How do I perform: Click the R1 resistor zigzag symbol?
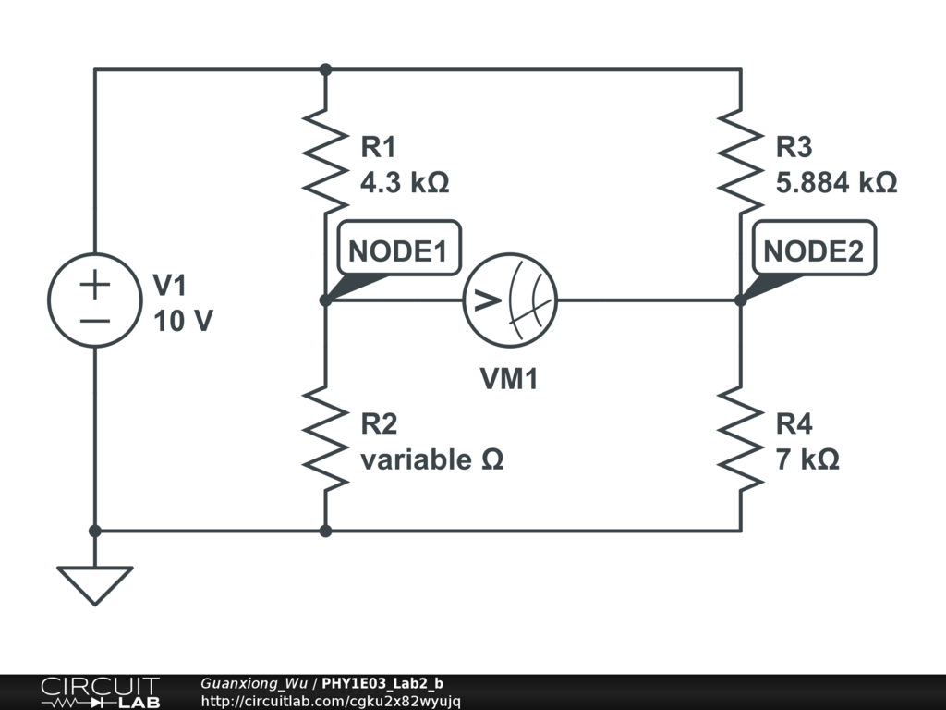click(326, 162)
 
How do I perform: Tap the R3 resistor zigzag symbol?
click(741, 162)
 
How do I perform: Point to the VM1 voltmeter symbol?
click(510, 300)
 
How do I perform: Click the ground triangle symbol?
click(95, 585)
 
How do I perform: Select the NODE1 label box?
click(399, 248)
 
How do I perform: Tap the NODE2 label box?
click(814, 248)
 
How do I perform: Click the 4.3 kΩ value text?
click(405, 182)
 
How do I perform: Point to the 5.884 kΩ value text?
click(836, 182)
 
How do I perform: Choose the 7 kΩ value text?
click(807, 460)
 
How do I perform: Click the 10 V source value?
click(184, 321)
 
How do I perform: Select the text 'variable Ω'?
click(432, 460)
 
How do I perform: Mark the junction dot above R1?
click(326, 69)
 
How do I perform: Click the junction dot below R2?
click(326, 532)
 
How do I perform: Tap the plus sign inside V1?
click(95, 284)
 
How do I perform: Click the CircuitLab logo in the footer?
click(101, 692)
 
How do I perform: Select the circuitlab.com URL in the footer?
click(331, 702)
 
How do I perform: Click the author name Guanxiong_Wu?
click(254, 683)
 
